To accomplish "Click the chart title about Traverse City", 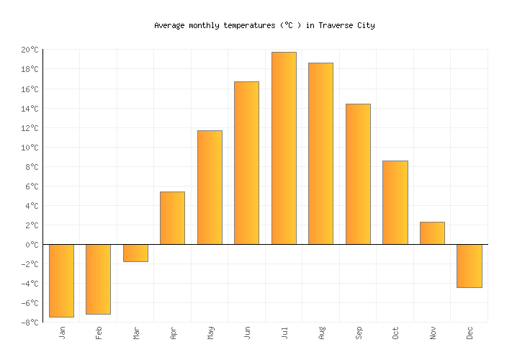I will (x=264, y=25).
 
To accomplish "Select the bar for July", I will (x=284, y=148).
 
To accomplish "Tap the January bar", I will (x=61, y=281).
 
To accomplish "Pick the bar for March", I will (x=135, y=253).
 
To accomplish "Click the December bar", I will (x=469, y=266).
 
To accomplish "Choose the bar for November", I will (x=432, y=233).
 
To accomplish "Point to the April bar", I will (x=172, y=218).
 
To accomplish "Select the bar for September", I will (x=358, y=174).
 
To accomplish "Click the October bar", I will (x=395, y=202).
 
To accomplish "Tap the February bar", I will (x=98, y=279).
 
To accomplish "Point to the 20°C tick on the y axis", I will (x=30, y=50).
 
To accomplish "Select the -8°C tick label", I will (x=30, y=323).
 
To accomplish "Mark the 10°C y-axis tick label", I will (x=30, y=148).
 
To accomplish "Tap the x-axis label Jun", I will (x=247, y=333).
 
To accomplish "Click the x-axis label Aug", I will (x=321, y=333).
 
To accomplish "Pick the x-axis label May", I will (x=210, y=333).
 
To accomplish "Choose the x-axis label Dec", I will (x=470, y=333).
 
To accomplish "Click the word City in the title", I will (x=365, y=25).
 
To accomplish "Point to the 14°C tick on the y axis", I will (x=30, y=109).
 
